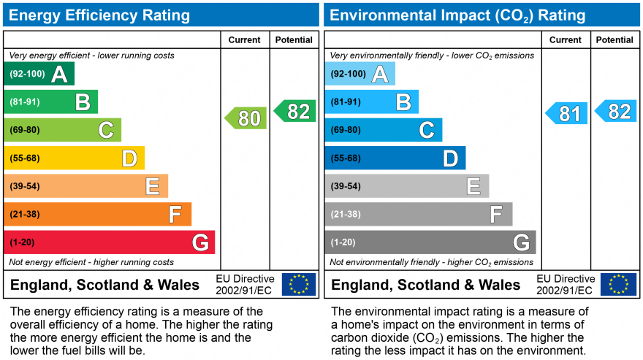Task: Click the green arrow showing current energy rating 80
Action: pos(246,118)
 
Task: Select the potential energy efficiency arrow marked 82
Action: pos(295,111)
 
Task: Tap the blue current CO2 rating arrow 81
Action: pos(567,113)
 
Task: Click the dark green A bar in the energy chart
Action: pos(39,74)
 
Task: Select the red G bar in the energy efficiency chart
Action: pos(110,242)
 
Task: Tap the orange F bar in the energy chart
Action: pos(98,214)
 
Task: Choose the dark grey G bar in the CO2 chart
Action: pos(430,242)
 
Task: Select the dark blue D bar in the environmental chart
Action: pos(395,158)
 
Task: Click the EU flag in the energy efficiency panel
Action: pos(299,284)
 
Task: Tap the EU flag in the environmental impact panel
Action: pos(618,284)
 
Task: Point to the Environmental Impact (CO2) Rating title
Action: pos(457,15)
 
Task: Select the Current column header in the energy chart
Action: pos(245,40)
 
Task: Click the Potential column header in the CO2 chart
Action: pos(615,40)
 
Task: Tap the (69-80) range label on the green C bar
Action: pos(25,130)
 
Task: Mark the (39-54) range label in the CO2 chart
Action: pos(346,186)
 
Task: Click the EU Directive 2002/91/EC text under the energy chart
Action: pos(245,285)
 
